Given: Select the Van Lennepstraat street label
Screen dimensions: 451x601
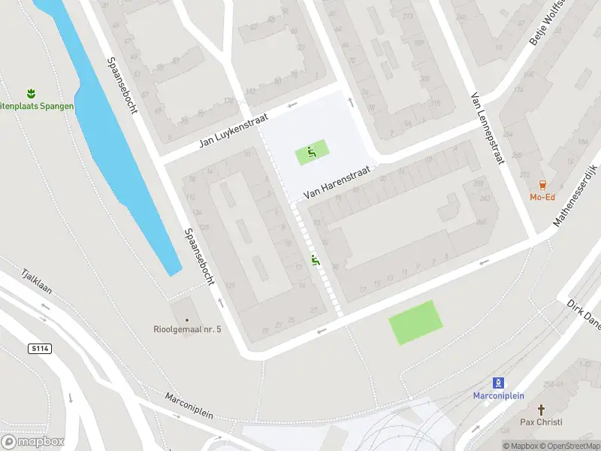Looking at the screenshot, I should point(487,129).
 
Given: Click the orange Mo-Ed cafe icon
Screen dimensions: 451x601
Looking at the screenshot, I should point(543,185).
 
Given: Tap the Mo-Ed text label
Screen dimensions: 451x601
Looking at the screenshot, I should point(543,198).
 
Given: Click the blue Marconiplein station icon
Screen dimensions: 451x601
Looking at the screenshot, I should point(498,383).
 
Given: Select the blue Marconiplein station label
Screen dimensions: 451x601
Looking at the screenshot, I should point(498,396).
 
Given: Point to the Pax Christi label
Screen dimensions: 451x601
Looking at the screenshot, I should point(542,422).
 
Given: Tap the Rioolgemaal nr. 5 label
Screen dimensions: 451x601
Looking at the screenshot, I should point(183,328).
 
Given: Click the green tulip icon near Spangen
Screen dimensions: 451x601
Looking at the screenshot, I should point(31,93).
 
